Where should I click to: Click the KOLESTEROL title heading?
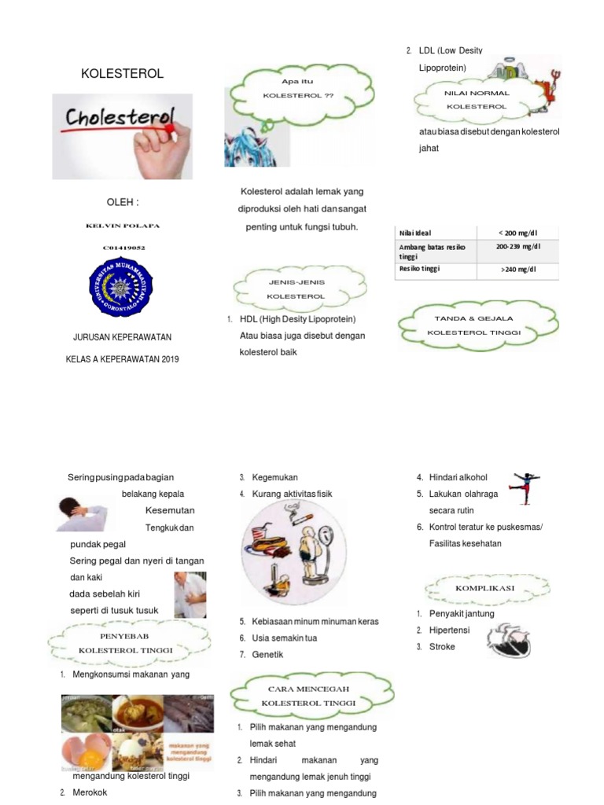coord(123,74)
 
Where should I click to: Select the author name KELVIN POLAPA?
coord(122,226)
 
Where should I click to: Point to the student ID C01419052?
coord(122,248)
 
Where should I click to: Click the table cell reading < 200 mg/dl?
coord(517,233)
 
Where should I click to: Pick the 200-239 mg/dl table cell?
coord(517,246)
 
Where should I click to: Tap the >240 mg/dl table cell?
coord(517,269)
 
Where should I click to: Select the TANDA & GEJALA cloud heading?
coord(474,325)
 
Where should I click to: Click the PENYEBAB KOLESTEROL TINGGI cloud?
coord(126,642)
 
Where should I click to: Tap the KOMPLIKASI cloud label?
coord(484,588)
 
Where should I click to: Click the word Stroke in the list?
coord(442,647)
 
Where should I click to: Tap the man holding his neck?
coord(82,513)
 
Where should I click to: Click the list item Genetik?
coord(267,655)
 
